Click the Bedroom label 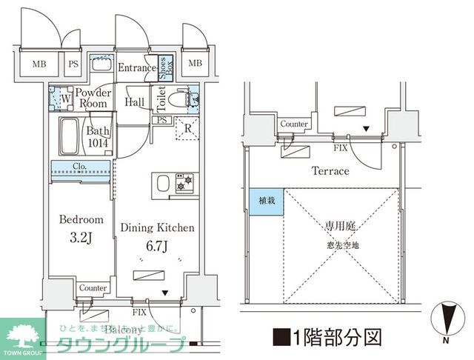point(80,221)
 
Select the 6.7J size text point(157,244)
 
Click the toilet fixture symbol point(178,98)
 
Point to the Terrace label point(330,171)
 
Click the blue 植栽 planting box point(265,201)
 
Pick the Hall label point(135,102)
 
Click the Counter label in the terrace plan point(294,124)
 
